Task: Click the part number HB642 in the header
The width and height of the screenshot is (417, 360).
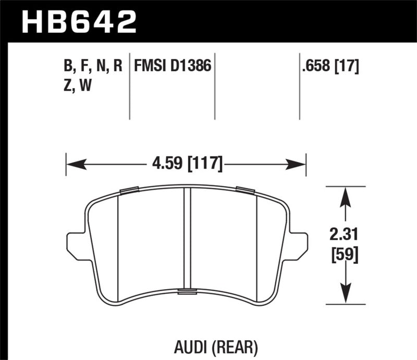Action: click(79, 22)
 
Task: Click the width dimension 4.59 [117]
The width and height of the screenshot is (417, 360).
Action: click(186, 166)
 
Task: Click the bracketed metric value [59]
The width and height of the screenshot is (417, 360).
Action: click(343, 255)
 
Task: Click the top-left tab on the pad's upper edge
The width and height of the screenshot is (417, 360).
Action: click(128, 190)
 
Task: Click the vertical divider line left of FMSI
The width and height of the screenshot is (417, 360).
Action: click(129, 86)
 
